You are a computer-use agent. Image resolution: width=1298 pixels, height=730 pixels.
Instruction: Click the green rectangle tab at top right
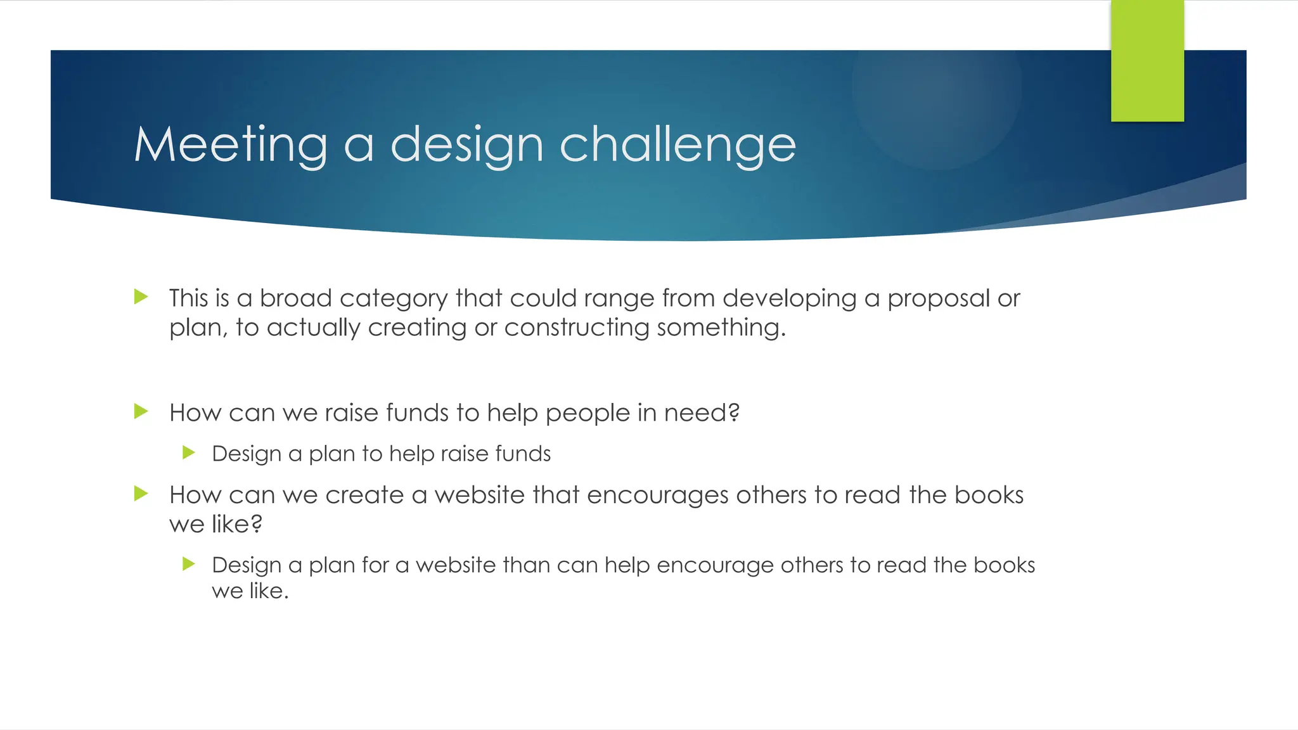(1147, 61)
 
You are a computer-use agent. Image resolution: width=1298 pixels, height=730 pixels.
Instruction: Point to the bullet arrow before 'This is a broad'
(141, 297)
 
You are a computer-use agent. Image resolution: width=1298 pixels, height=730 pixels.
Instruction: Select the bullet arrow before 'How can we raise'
(141, 412)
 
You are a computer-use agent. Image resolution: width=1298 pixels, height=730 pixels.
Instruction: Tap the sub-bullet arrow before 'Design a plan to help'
(188, 452)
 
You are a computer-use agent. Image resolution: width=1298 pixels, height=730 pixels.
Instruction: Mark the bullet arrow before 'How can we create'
(141, 494)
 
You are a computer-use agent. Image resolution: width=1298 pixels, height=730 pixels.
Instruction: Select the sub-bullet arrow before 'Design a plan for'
(188, 563)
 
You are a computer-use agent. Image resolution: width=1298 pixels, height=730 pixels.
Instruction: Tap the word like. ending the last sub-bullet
(268, 591)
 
